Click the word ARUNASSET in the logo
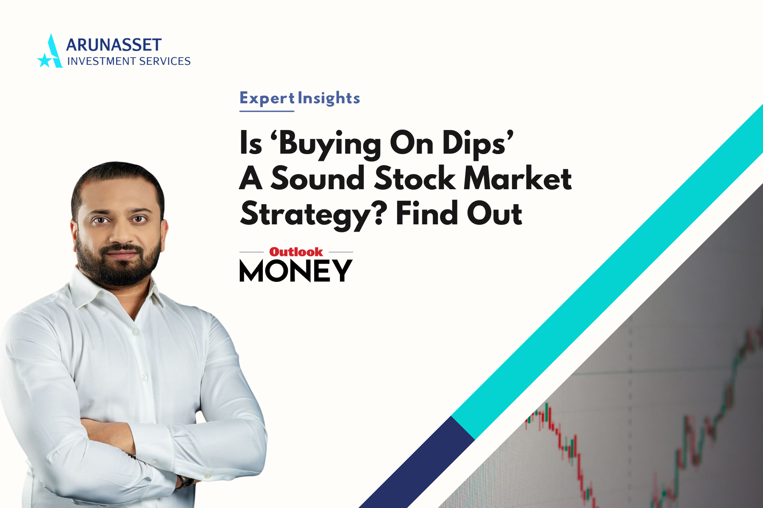click(114, 45)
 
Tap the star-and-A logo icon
click(50, 51)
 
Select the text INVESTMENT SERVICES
click(129, 61)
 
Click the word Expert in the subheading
click(267, 98)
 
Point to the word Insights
click(329, 98)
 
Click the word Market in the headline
click(518, 178)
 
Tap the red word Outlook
click(296, 252)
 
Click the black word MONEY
click(296, 271)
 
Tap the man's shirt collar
click(114, 292)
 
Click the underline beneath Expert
click(267, 111)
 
